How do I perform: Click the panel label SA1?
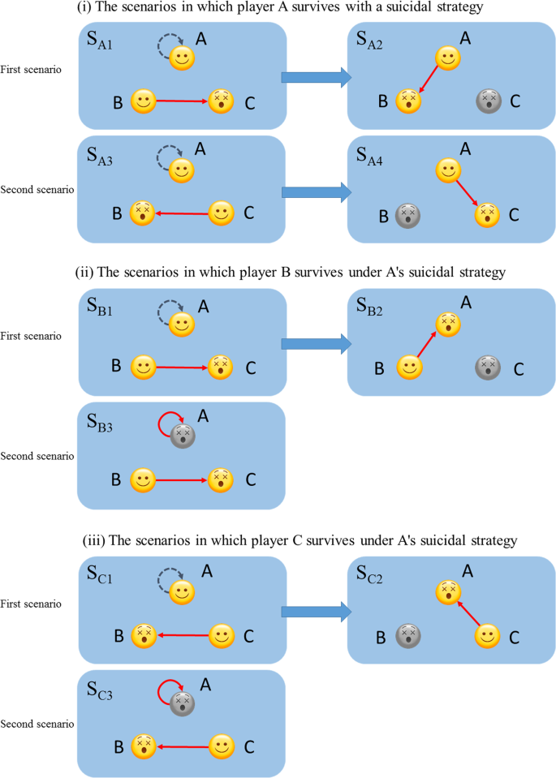coord(101,41)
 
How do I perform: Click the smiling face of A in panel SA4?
coord(448,170)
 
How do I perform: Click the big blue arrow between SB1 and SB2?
coord(316,343)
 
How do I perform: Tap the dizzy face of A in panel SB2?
coord(448,324)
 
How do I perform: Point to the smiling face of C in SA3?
coord(221,214)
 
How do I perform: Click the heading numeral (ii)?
coord(93,272)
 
